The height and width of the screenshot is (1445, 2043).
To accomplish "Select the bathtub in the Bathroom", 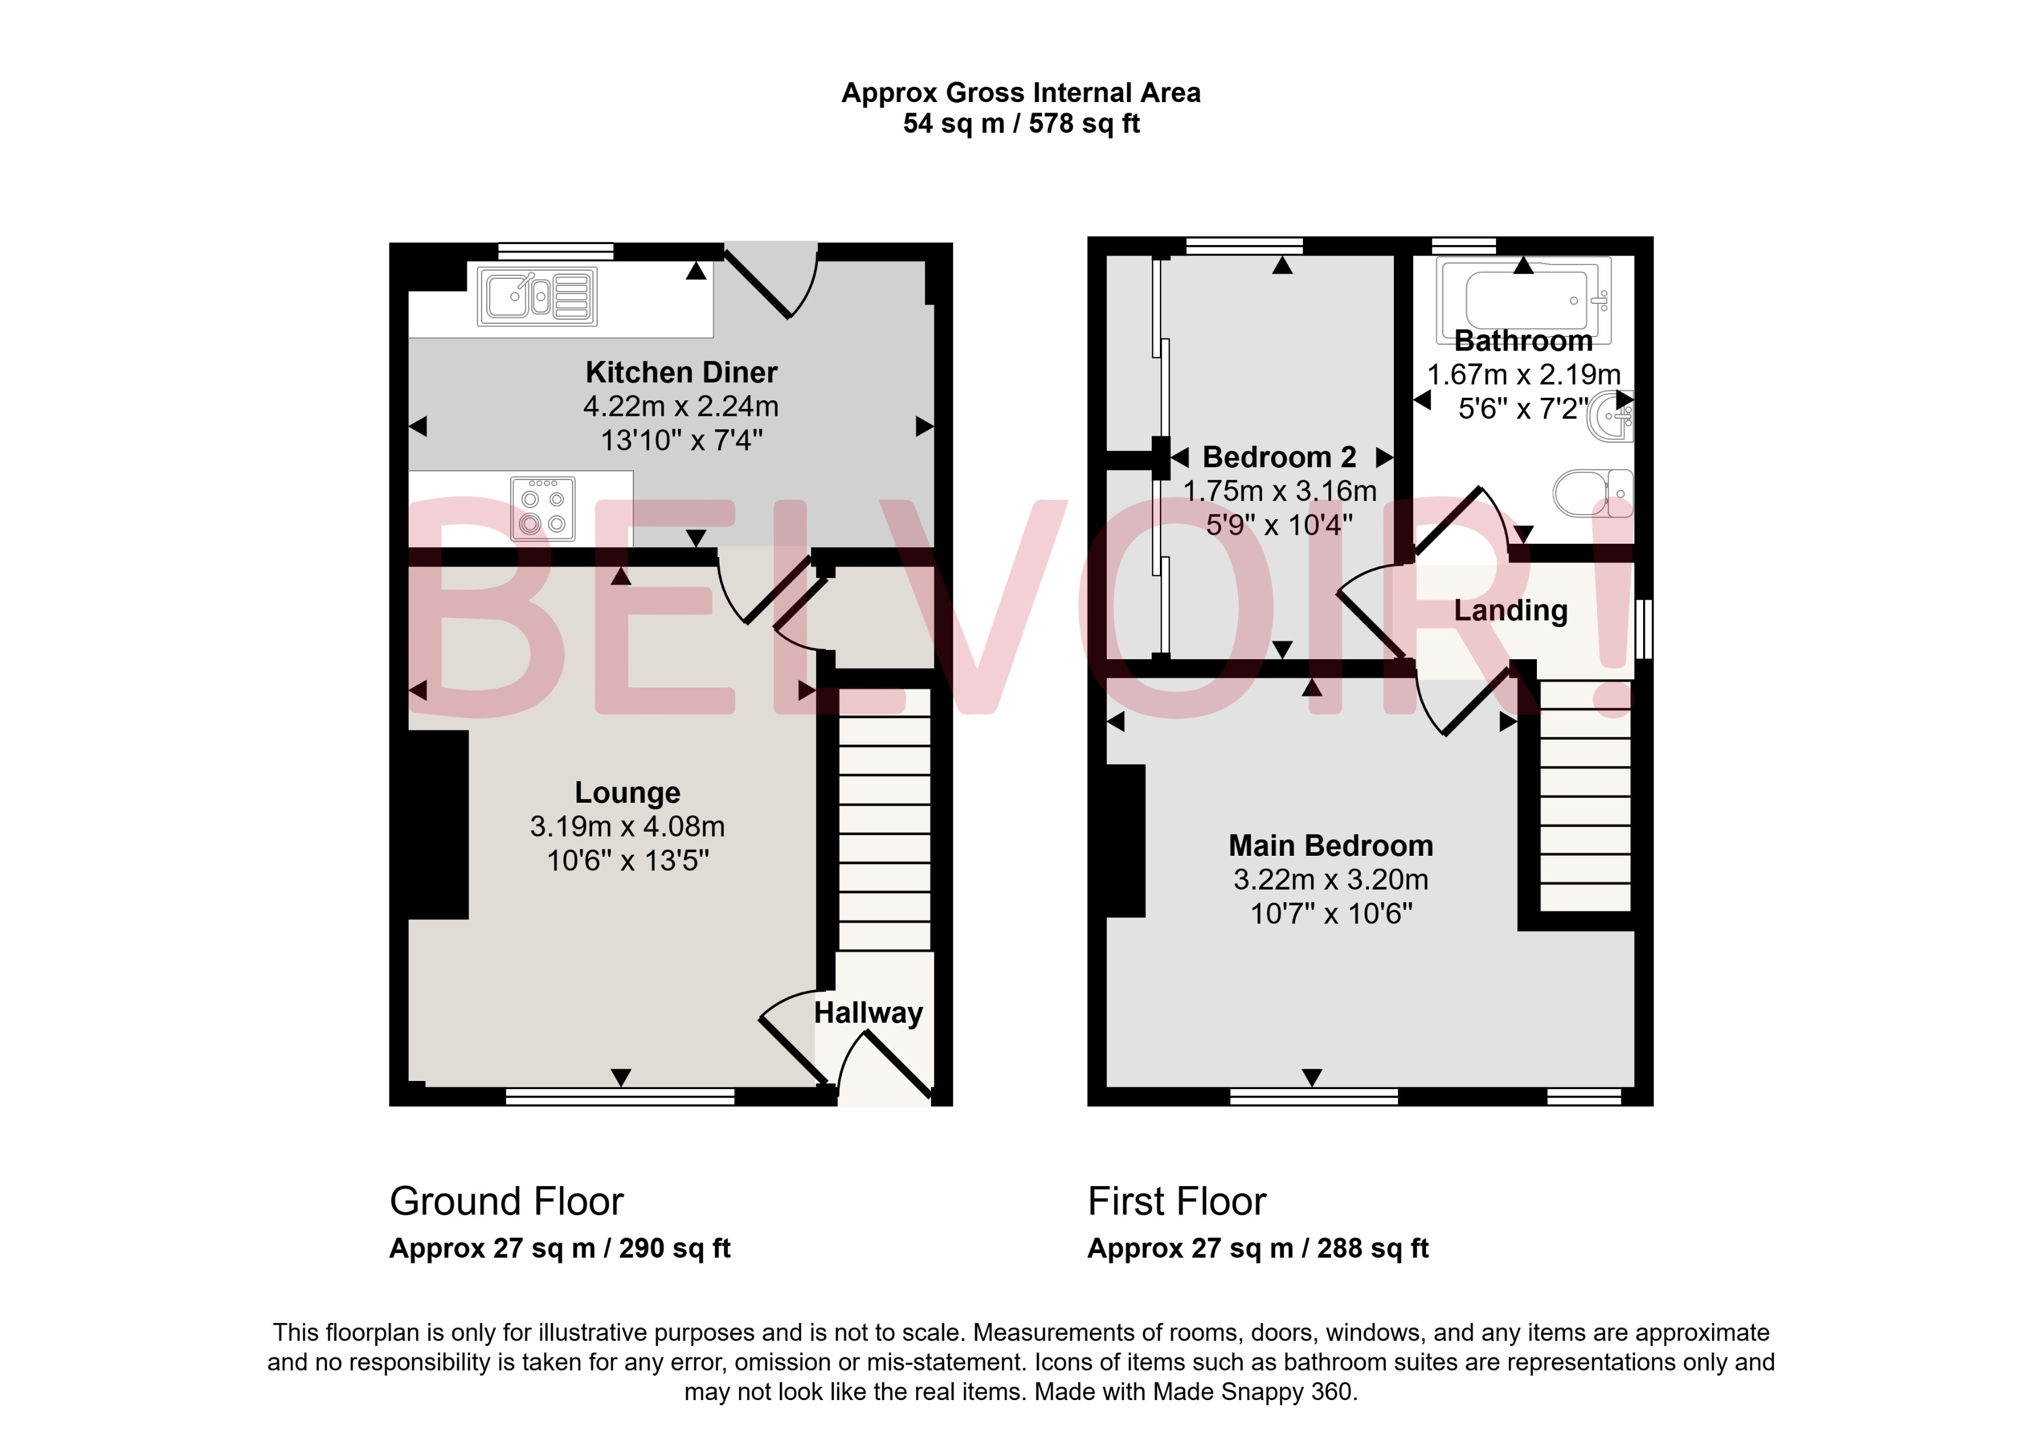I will pos(1525,300).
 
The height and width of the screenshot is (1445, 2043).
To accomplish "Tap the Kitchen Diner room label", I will pos(681,372).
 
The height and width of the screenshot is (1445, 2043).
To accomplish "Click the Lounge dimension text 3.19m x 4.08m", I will pos(627,827).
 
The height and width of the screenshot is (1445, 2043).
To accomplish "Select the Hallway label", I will pos(868,1013).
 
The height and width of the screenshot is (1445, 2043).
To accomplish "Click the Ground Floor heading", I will pos(507,1201).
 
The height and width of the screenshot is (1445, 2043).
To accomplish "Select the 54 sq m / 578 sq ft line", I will pos(1021,124).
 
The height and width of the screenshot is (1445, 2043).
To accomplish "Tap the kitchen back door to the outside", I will pos(771,280).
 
